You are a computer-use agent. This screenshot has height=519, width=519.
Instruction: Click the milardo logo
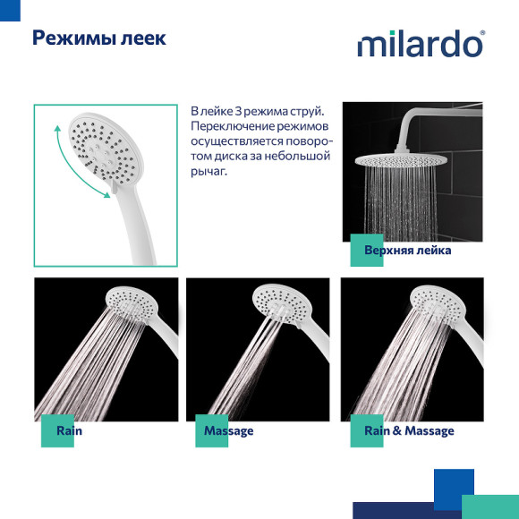pyautogui.click(x=421, y=44)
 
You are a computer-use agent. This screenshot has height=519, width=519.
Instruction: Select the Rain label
pyautogui.click(x=69, y=430)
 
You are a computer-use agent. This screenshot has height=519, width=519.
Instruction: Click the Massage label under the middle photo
pyautogui.click(x=229, y=431)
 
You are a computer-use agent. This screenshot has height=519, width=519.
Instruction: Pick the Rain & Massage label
pyautogui.click(x=409, y=430)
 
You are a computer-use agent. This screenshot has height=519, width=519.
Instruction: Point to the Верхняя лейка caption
pyautogui.click(x=408, y=251)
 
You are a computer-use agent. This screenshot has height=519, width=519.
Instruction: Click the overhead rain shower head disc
pyautogui.click(x=401, y=160)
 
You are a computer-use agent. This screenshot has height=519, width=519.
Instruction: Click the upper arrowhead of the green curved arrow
pyautogui.click(x=57, y=128)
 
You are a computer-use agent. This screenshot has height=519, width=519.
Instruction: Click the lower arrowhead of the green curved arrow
pyautogui.click(x=106, y=195)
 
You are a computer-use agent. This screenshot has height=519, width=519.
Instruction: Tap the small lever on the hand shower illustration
pyautogui.click(x=115, y=187)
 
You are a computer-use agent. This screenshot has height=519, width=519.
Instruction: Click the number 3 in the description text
pyautogui.click(x=238, y=112)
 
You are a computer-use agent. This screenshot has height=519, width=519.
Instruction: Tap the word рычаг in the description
pyautogui.click(x=208, y=172)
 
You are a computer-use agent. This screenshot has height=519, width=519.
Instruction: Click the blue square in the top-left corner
pyautogui.click(x=10, y=10)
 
